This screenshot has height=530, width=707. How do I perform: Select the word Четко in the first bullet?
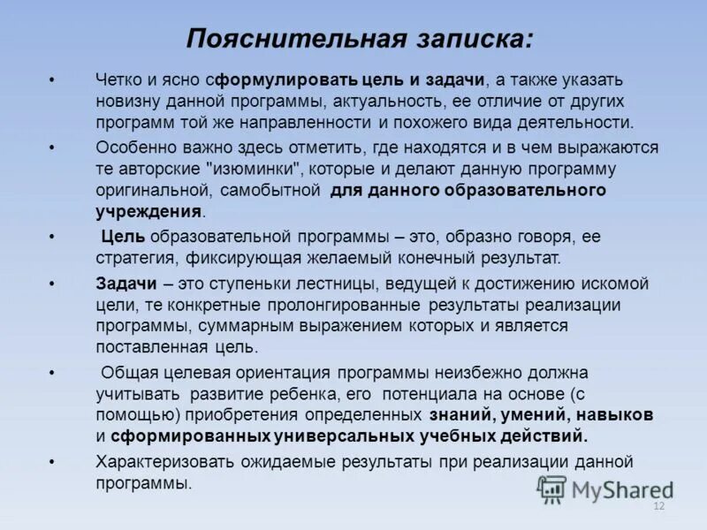click(117, 79)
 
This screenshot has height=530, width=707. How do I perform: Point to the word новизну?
click(127, 101)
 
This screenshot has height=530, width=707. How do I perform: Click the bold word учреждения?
click(148, 211)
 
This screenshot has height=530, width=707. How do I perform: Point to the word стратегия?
click(136, 258)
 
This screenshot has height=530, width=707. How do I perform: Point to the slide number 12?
click(658, 506)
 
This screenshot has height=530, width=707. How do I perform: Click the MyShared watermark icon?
click(552, 488)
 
